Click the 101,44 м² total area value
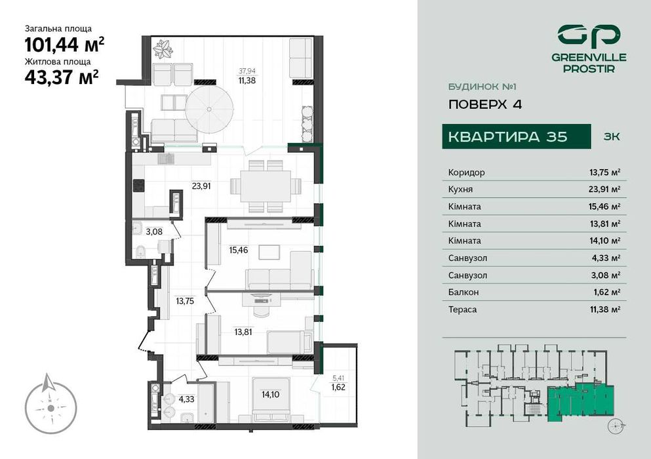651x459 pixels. (x=64, y=45)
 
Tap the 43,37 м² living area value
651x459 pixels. (x=62, y=77)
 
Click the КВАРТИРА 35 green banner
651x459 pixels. (x=509, y=136)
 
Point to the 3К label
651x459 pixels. (x=610, y=136)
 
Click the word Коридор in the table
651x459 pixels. (x=467, y=172)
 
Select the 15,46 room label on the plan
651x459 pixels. (x=238, y=250)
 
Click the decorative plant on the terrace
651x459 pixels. (x=161, y=48)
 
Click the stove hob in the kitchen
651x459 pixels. (x=139, y=186)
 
